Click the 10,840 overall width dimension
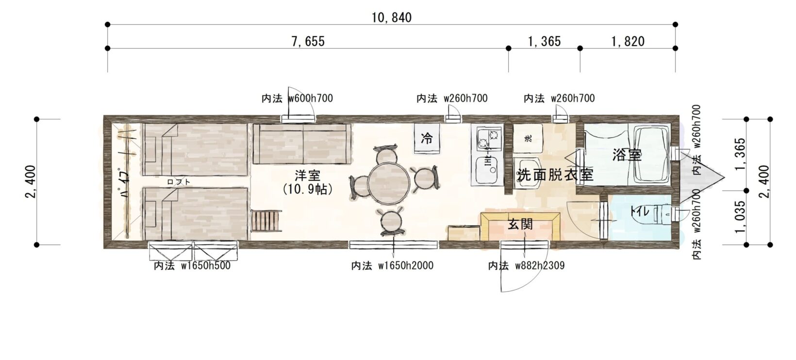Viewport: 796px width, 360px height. (392, 17)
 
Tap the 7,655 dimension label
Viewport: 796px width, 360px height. (308, 41)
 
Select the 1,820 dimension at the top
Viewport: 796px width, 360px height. (628, 41)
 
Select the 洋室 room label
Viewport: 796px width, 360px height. (307, 175)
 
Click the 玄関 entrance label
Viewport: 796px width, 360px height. (520, 224)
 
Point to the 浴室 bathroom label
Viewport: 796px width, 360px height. (627, 155)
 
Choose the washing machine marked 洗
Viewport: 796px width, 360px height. (528, 138)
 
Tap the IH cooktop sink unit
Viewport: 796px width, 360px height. (487, 155)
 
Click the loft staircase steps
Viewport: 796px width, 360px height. (266, 221)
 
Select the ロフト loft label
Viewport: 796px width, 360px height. (179, 182)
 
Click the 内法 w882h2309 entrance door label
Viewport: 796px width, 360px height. (526, 265)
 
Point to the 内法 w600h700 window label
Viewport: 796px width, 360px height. (297, 98)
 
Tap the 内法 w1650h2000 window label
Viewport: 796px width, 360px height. (392, 265)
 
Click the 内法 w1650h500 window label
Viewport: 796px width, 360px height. (192, 265)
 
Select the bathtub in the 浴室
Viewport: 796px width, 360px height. (652, 155)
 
